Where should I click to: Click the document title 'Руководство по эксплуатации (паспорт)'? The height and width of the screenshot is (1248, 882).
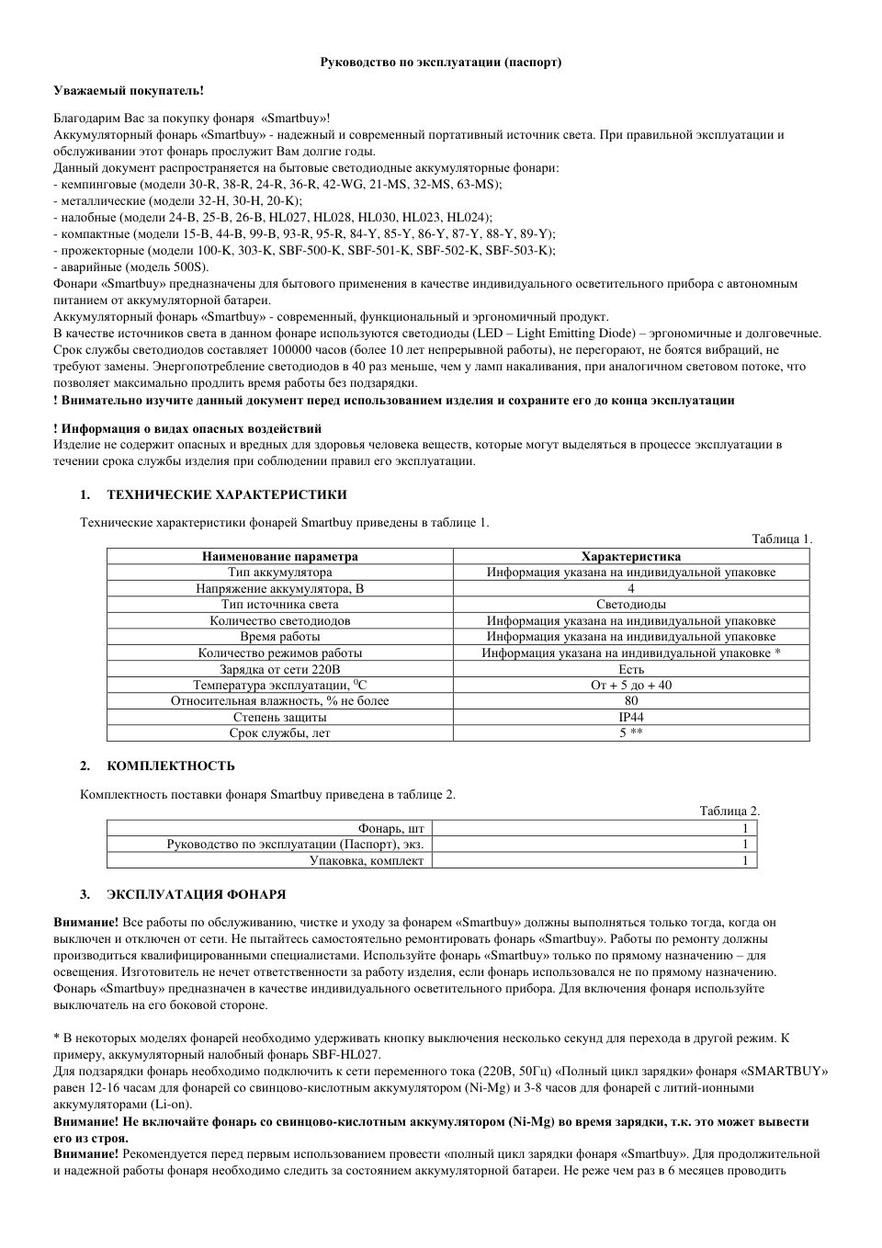pos(440,62)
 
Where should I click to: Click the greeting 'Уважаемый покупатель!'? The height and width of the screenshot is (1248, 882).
pos(128,90)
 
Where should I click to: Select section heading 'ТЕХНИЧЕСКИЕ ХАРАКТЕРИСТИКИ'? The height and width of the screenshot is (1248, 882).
pos(227,495)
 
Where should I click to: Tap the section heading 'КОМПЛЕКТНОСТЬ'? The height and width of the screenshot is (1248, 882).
pos(171,766)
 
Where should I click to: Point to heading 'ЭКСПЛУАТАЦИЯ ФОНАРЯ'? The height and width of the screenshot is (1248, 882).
pos(196,894)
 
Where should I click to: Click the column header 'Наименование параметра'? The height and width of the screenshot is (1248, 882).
pos(280,556)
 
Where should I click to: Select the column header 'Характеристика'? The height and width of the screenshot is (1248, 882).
pos(631,556)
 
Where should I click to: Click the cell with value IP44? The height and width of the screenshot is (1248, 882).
pos(631,717)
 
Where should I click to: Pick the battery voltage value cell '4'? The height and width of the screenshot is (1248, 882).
pos(631,588)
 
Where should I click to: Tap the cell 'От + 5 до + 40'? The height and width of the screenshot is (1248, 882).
pos(631,685)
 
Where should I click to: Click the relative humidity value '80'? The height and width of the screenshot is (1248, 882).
pos(631,700)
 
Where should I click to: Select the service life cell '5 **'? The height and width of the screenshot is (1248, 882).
pos(631,733)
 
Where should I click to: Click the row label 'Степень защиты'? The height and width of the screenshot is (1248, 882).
pos(280,717)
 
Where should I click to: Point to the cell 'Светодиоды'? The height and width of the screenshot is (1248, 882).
pos(631,604)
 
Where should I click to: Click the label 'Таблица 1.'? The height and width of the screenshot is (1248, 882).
pos(782,539)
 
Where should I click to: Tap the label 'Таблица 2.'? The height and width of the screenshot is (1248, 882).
pos(729,811)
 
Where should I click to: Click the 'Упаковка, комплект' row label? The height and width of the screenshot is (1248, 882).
pos(367,860)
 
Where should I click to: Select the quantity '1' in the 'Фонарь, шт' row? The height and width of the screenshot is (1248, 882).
pos(745,828)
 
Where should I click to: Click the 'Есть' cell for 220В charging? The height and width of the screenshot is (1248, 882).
pos(631,669)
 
